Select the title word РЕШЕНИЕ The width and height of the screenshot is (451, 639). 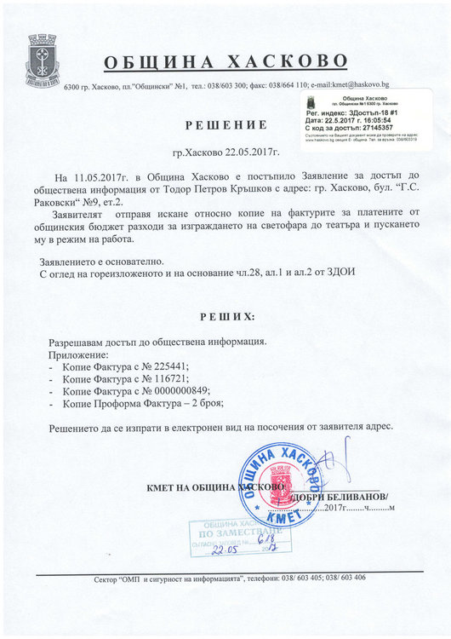pyautogui.click(x=225, y=125)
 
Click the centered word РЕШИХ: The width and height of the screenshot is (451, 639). pyautogui.click(x=225, y=316)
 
